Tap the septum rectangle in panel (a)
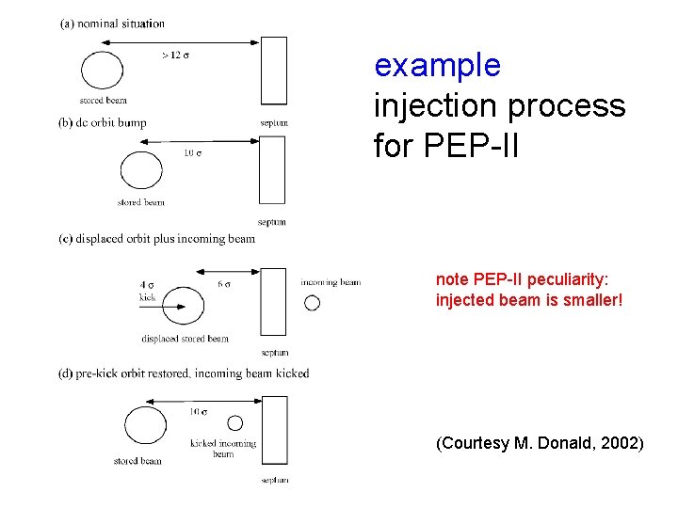[x=273, y=70]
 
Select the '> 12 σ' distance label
[x=175, y=55]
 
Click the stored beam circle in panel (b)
[x=141, y=171]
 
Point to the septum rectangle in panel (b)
[x=272, y=169]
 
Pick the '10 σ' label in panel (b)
[x=192, y=152]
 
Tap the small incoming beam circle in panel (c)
[x=313, y=303]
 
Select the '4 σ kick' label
[x=147, y=290]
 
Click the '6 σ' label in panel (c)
[x=224, y=284]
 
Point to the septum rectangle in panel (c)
[x=273, y=301]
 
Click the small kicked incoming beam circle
[x=235, y=423]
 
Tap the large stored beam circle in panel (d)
[x=145, y=425]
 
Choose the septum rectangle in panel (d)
[x=275, y=430]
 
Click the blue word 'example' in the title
[x=437, y=66]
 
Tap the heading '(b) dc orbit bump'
[x=103, y=122]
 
